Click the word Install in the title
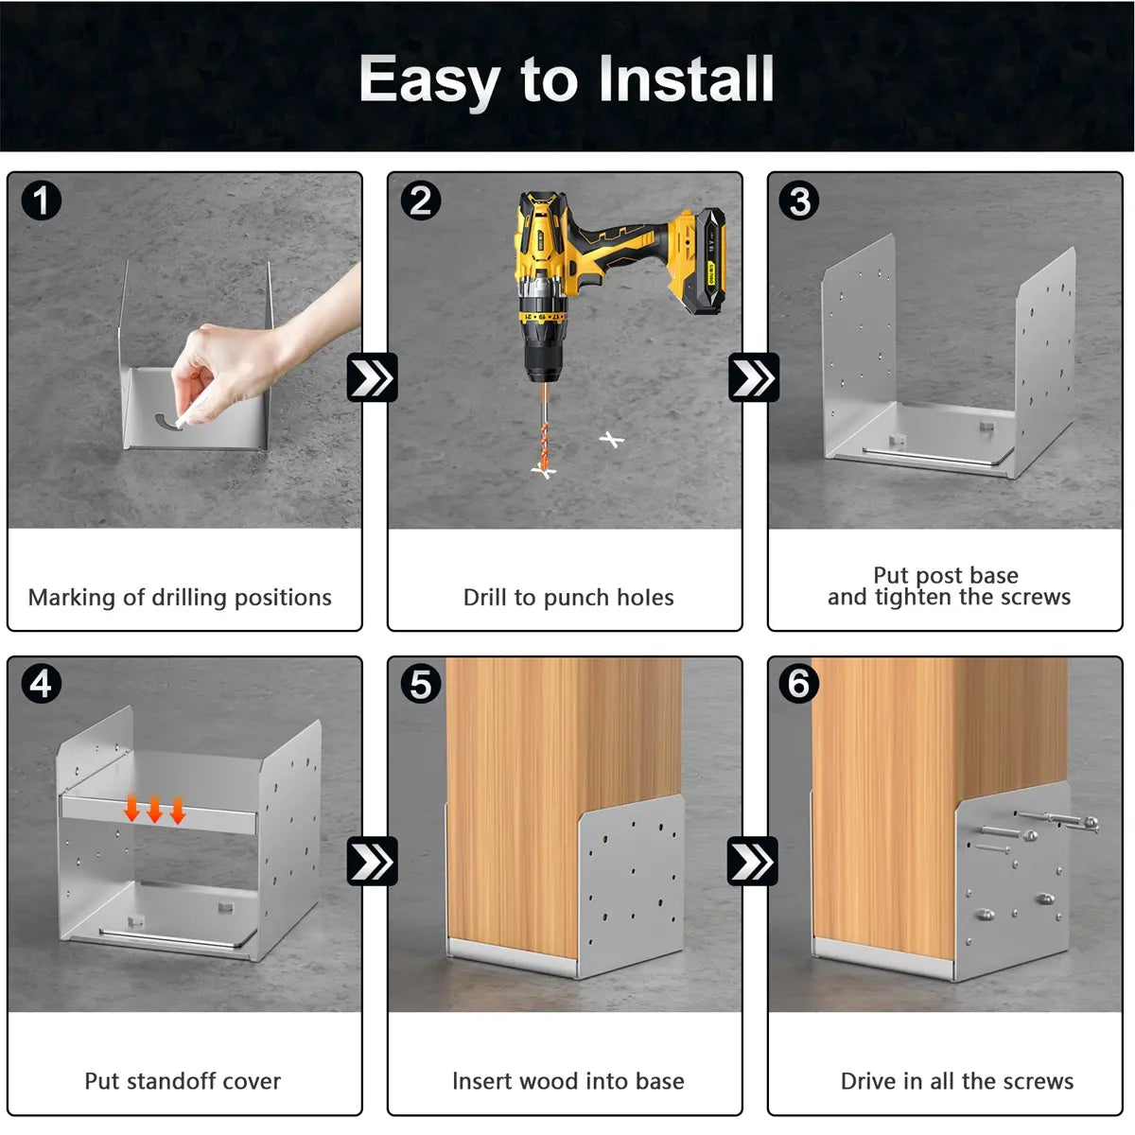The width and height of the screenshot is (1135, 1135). pyautogui.click(x=686, y=78)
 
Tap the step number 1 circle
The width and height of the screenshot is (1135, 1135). pyautogui.click(x=42, y=201)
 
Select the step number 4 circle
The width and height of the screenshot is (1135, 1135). pyautogui.click(x=42, y=684)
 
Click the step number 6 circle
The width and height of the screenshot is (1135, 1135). pyautogui.click(x=798, y=684)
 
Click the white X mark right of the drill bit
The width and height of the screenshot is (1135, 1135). pyautogui.click(x=611, y=440)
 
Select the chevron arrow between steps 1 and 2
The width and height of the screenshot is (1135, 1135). pyautogui.click(x=373, y=377)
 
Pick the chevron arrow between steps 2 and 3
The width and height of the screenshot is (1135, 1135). pyautogui.click(x=753, y=377)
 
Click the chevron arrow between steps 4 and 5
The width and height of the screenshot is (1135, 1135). pyautogui.click(x=373, y=861)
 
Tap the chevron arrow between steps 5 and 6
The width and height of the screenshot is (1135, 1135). pyautogui.click(x=753, y=861)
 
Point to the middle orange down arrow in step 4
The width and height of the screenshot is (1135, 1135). pyautogui.click(x=155, y=809)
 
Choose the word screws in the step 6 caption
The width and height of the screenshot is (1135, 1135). pyautogui.click(x=1038, y=1081)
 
